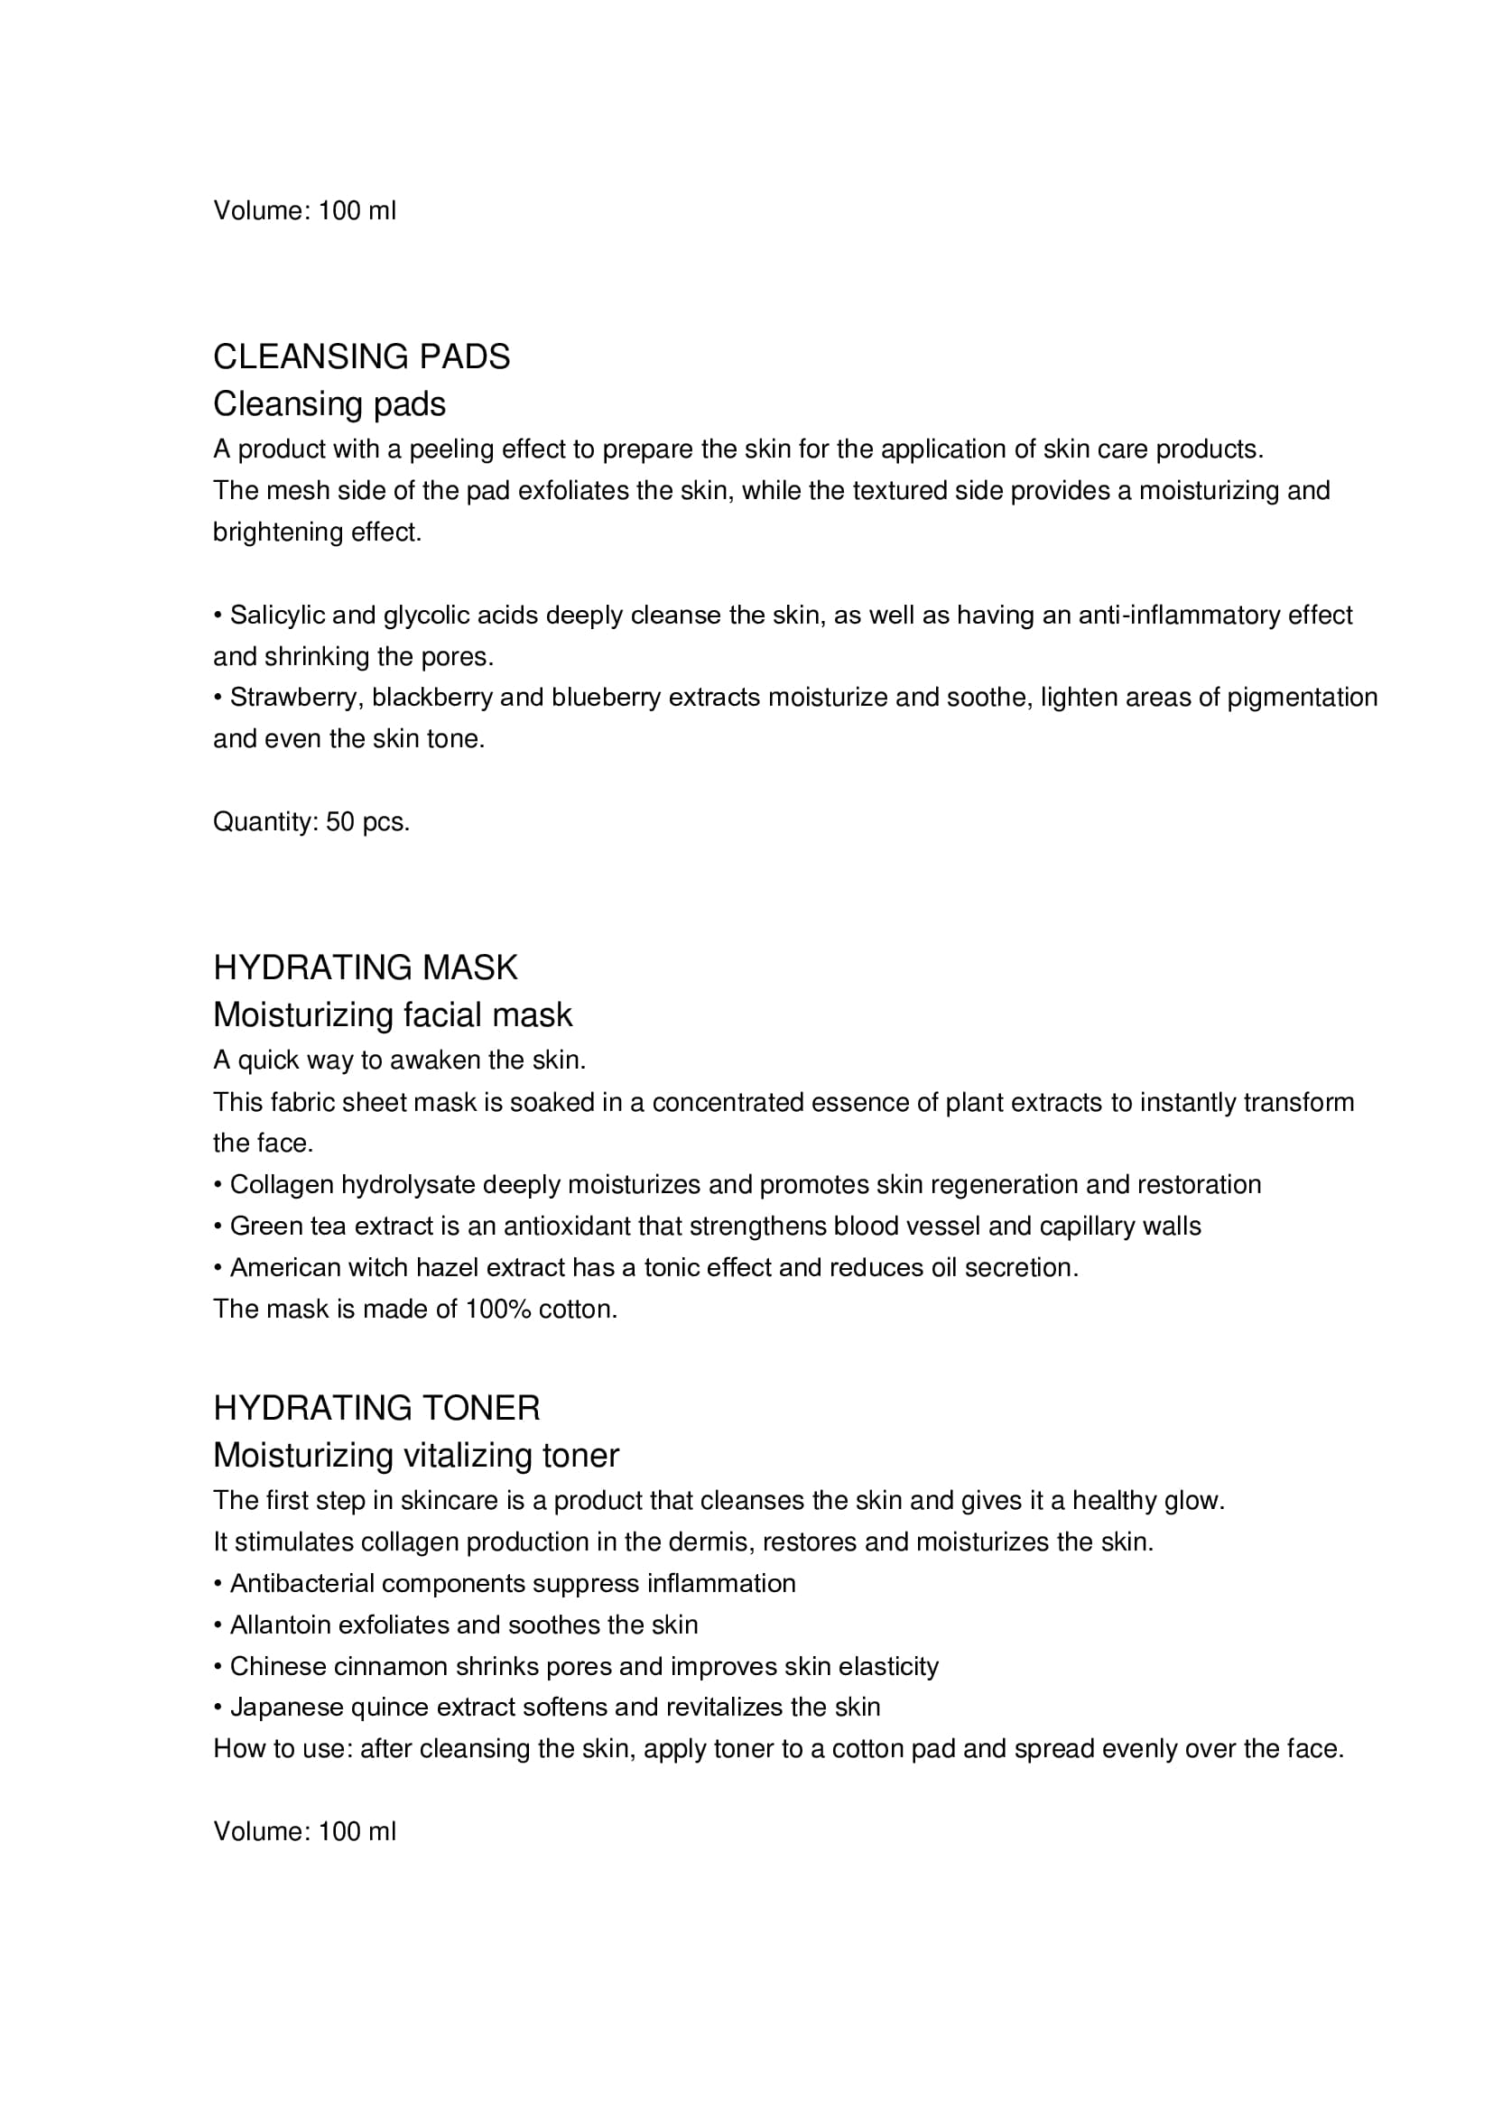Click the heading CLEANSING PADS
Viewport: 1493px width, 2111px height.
[x=361, y=356]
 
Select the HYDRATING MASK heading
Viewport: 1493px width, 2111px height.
[x=365, y=968]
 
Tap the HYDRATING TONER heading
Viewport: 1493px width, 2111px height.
[x=377, y=1409]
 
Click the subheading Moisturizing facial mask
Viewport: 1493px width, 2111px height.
[x=393, y=1015]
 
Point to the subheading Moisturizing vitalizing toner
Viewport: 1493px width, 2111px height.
[x=416, y=1456]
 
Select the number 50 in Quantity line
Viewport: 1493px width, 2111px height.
[x=340, y=822]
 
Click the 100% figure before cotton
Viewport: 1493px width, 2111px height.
[x=498, y=1310]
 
